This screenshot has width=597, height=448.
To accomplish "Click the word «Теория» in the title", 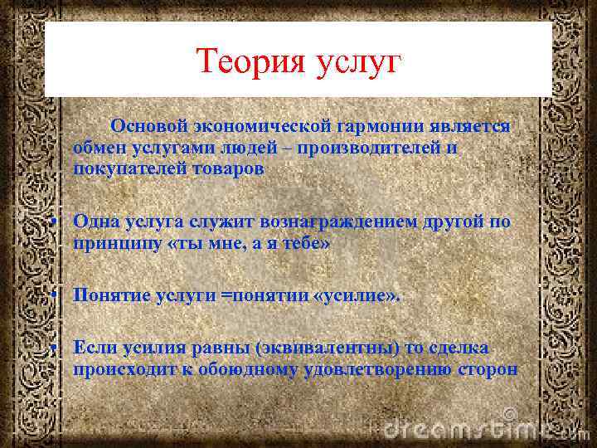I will [x=248, y=61].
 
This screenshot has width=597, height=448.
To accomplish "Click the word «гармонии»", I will [x=381, y=126].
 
